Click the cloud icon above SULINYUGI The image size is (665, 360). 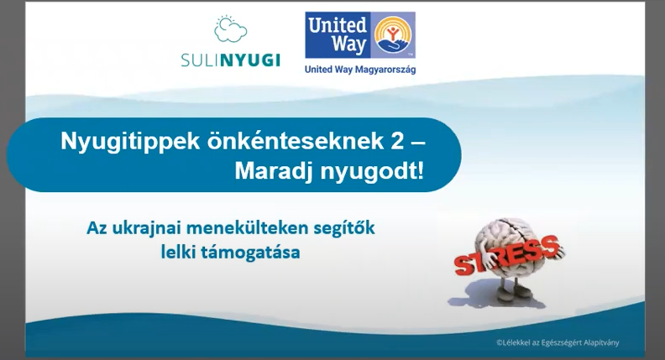230,29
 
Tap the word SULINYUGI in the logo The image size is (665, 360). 230,60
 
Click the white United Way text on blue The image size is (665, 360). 338,34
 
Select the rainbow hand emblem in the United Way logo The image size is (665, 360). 393,34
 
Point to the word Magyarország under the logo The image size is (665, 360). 385,70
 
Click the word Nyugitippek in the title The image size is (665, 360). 130,141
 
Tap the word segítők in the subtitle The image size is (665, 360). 344,228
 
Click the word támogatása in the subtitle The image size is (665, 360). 250,253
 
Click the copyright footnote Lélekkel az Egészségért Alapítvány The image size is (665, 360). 558,342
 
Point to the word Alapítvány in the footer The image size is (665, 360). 602,342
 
